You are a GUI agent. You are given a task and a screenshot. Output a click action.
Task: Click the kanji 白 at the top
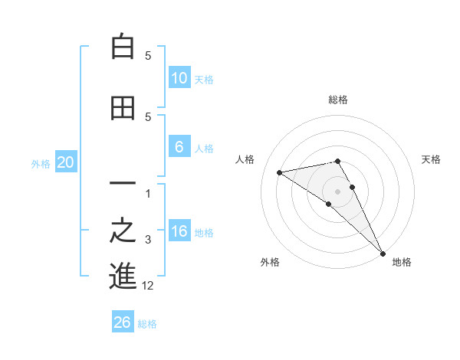tap(123, 47)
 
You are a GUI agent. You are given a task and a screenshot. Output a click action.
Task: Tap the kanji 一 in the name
tap(123, 185)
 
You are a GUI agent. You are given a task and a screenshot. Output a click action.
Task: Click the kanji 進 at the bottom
tap(123, 276)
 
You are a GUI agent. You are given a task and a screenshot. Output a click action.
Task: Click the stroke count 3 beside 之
tap(149, 241)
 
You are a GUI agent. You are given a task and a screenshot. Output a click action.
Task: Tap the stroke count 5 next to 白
tap(149, 56)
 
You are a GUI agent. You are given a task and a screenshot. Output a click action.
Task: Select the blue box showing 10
tap(179, 78)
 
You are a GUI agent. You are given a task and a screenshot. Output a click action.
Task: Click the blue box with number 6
tap(179, 147)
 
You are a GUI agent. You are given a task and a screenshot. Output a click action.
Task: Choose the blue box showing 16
tap(179, 231)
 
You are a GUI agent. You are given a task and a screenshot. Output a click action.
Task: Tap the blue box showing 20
tap(66, 162)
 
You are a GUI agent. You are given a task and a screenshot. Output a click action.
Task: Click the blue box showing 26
tap(123, 322)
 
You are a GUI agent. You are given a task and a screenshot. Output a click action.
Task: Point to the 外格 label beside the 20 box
tap(41, 163)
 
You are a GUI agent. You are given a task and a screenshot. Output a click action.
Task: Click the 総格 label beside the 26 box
tap(147, 324)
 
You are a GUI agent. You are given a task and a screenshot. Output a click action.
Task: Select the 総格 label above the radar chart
tap(338, 100)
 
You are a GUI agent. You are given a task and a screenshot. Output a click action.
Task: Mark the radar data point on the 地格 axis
tap(382, 252)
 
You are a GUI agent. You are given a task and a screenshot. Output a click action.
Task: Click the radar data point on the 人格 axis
tap(280, 172)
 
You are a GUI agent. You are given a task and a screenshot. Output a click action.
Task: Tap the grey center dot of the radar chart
tap(338, 191)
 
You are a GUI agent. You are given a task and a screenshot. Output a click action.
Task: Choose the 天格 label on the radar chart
tap(432, 159)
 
